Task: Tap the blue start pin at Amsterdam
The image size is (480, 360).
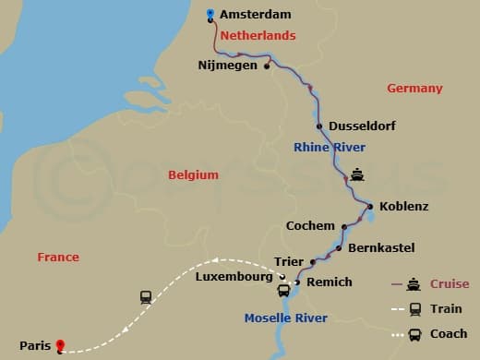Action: click(210, 14)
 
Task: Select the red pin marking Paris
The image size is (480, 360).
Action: click(60, 346)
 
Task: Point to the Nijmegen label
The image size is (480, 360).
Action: click(228, 66)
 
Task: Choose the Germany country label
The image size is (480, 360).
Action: click(414, 89)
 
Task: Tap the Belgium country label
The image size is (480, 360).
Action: click(193, 174)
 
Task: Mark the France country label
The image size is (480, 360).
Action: click(58, 258)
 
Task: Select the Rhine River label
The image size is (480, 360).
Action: click(330, 148)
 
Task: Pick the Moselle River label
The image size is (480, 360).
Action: click(285, 319)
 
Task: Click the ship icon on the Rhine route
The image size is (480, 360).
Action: click(357, 174)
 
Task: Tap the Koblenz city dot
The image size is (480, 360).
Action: click(370, 207)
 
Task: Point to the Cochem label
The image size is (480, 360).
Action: click(310, 226)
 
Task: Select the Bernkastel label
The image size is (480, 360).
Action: click(381, 248)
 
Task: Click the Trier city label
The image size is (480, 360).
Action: click(289, 262)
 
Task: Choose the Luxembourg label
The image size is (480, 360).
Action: click(234, 277)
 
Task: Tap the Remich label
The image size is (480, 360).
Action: click(329, 283)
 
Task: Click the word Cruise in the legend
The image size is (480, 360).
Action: click(450, 284)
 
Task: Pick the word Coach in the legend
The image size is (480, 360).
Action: click(448, 334)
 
